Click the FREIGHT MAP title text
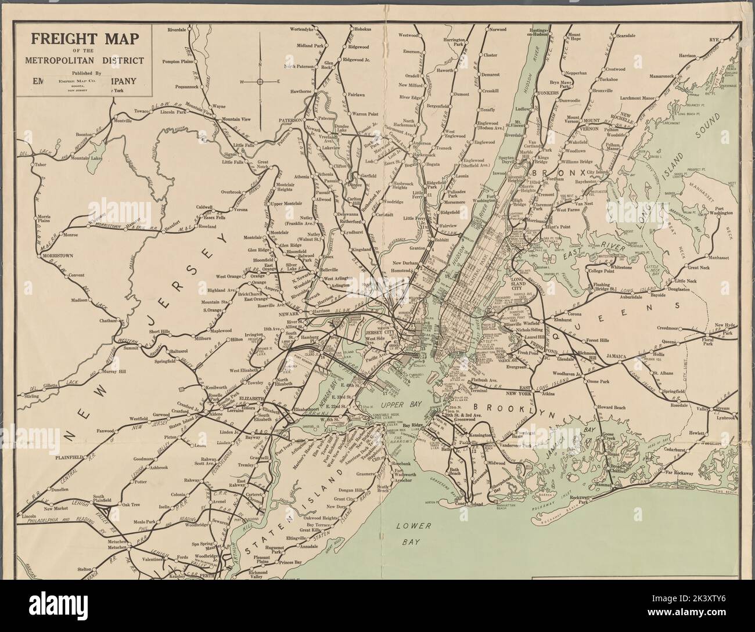click(x=84, y=40)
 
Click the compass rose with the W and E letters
click(x=260, y=81)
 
